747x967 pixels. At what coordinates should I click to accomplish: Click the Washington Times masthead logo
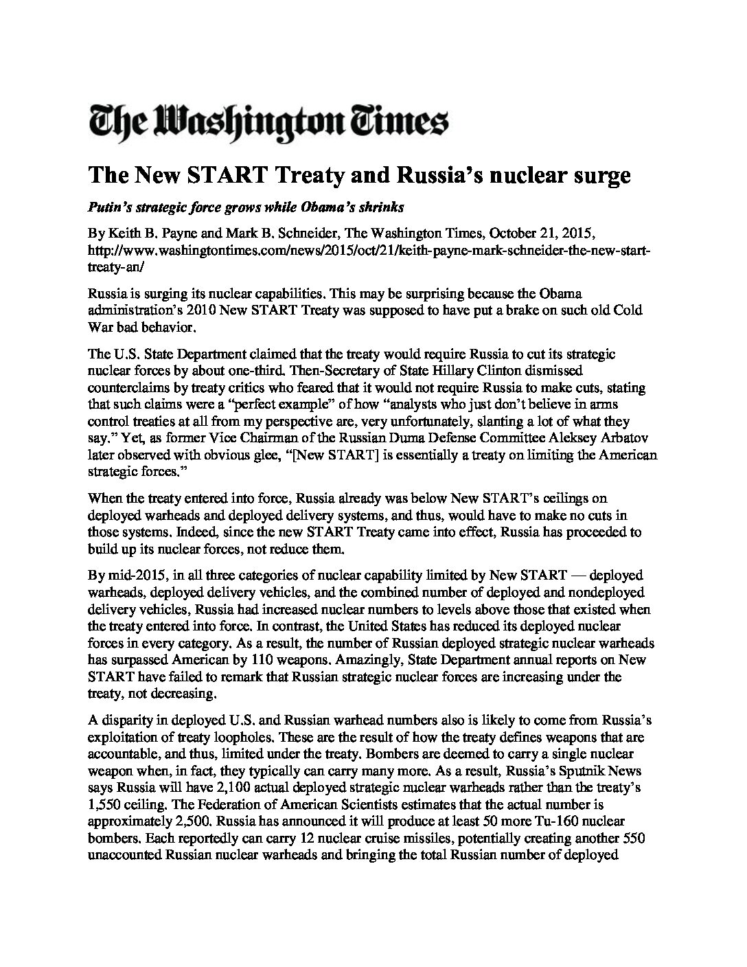tap(269, 122)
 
